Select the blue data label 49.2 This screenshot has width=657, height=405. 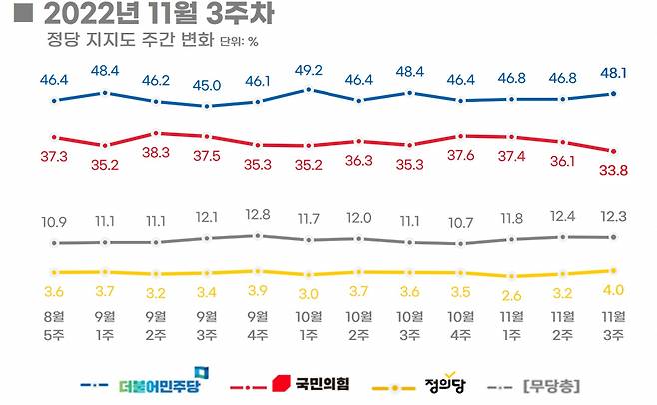point(309,70)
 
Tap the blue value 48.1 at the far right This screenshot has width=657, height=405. point(613,73)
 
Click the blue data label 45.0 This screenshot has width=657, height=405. point(207,84)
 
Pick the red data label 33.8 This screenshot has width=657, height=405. point(613,170)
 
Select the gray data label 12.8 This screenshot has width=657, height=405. point(258,214)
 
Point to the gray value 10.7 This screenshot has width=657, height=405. point(461,221)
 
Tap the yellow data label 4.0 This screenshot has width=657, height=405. point(613,291)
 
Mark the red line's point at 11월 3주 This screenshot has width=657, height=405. point(613,151)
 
